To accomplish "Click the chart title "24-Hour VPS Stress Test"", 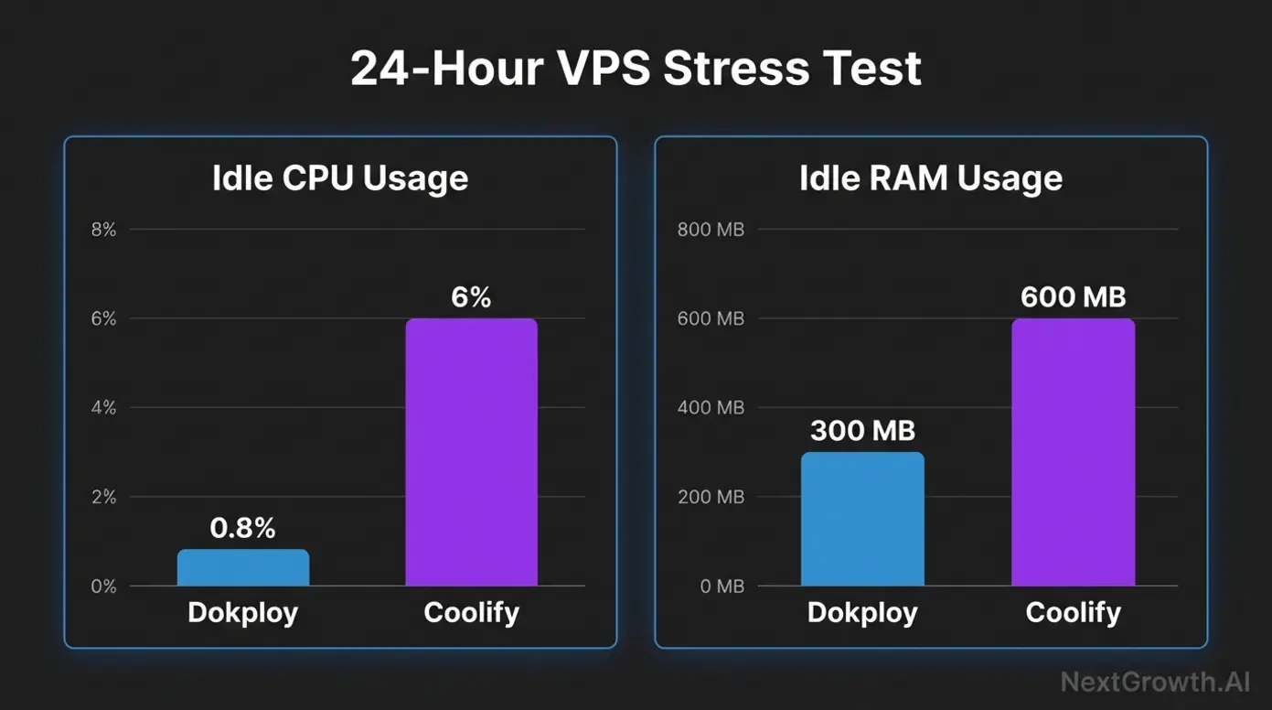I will tap(636, 70).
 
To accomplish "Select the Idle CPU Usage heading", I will tap(340, 178).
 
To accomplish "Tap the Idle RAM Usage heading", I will tap(931, 178).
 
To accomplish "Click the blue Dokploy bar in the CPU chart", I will tap(243, 568).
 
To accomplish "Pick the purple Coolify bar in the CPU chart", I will tap(471, 452).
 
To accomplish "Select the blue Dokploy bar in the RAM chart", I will tap(862, 519).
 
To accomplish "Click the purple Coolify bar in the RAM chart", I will tap(1073, 452).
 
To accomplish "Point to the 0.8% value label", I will tap(242, 528).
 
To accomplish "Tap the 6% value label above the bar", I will tap(471, 297).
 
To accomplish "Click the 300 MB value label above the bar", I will tap(862, 430).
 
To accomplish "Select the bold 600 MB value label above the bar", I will tap(1073, 297).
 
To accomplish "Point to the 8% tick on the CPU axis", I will tap(104, 230).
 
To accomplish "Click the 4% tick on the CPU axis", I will tap(104, 408).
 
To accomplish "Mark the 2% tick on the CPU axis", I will tap(104, 497).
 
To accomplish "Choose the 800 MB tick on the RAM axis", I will tap(711, 230).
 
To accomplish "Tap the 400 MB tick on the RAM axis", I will tap(711, 408).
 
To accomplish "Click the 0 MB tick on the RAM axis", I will tap(722, 586).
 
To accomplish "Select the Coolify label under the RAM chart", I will tap(1073, 612).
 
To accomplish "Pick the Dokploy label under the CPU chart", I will tap(242, 612).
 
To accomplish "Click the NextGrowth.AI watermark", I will tap(1155, 682).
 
